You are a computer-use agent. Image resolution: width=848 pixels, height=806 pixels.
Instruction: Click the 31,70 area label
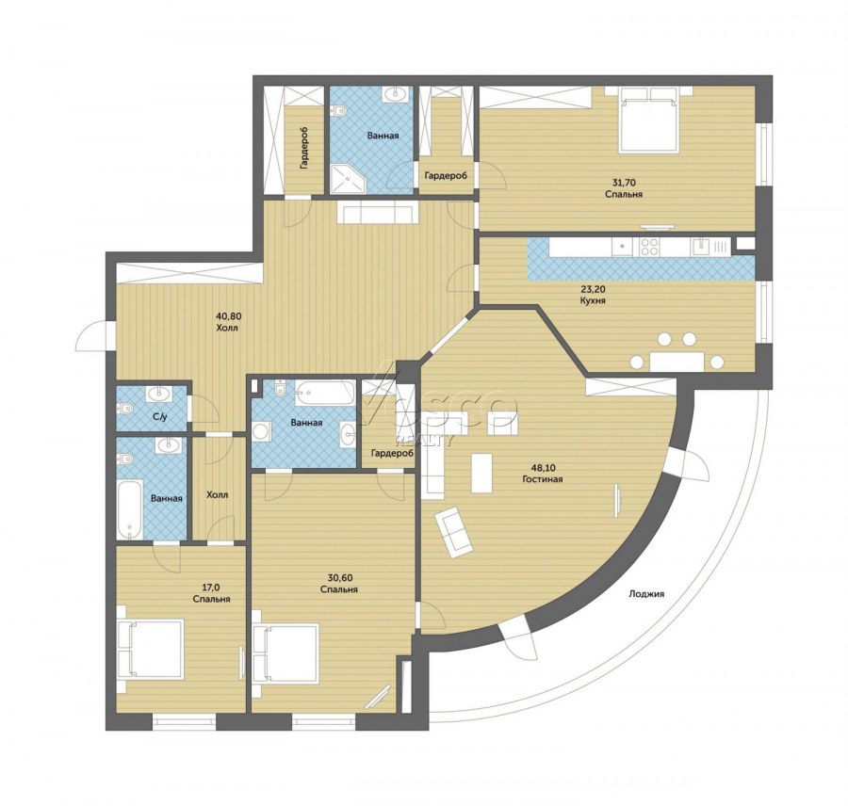(x=624, y=183)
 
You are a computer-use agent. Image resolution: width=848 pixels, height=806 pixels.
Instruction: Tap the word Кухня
(x=593, y=300)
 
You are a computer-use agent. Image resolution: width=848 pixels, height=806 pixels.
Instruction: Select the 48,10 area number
(x=542, y=468)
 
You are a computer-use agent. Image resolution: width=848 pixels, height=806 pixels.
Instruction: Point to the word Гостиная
(x=543, y=479)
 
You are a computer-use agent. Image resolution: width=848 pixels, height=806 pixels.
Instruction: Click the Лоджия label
(x=646, y=594)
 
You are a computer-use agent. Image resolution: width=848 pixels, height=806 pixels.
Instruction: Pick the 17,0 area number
(x=211, y=588)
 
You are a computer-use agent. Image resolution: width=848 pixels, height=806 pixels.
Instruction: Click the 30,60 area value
(x=338, y=578)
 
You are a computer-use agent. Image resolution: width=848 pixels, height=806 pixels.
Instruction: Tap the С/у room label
(x=159, y=416)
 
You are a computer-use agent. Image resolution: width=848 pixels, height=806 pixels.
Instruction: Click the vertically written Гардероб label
(x=304, y=148)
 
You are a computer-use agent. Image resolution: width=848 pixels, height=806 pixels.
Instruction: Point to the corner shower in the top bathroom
(x=348, y=179)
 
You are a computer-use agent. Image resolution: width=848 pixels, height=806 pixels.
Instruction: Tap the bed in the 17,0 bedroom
(x=151, y=649)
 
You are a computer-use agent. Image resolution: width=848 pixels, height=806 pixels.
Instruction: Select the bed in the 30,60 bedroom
(x=285, y=653)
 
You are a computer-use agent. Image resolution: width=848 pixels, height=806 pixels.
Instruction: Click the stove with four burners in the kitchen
(x=649, y=247)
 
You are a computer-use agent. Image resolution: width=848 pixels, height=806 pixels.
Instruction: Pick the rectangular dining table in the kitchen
(x=677, y=362)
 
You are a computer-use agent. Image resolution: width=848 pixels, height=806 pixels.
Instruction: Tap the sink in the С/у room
(x=159, y=394)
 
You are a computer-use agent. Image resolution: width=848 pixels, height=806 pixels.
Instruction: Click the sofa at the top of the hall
(x=378, y=212)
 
